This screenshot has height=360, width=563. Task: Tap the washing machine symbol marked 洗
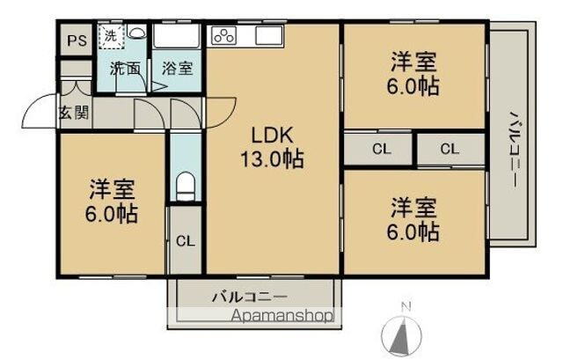(x=111, y=37)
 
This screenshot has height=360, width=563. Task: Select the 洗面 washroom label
(x=124, y=68)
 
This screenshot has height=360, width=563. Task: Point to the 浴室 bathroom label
(x=177, y=68)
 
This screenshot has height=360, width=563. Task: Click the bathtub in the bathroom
(x=178, y=38)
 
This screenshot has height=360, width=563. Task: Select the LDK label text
(x=272, y=137)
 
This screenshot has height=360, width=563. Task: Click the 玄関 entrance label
(x=73, y=112)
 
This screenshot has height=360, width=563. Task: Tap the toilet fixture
(x=185, y=186)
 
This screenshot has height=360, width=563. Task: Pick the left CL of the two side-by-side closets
(x=380, y=149)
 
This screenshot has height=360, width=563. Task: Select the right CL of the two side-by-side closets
(x=450, y=149)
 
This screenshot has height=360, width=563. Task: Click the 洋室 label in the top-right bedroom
(x=414, y=63)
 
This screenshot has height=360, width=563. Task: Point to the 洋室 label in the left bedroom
(x=112, y=188)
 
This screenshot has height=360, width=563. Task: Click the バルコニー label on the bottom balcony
(x=249, y=296)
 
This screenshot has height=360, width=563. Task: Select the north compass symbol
(x=406, y=332)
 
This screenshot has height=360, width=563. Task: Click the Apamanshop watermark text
(x=282, y=314)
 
